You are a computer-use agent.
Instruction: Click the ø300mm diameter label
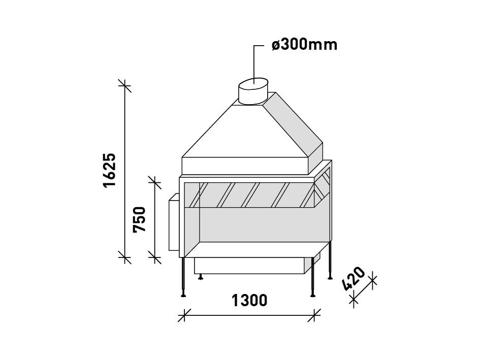pos(304,45)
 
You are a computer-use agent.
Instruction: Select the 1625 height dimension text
pos(110,170)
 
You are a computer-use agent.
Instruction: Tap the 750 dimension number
pos(139,219)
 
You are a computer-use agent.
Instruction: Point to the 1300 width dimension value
pos(249,301)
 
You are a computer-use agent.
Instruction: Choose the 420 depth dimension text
pos(354,279)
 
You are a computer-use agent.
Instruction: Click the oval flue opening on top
pos(253,83)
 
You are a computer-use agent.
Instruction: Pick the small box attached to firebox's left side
pos(173,224)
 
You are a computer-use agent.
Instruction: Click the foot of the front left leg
pos(183,294)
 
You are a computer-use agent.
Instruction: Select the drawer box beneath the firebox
pos(249,266)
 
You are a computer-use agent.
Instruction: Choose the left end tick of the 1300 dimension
pos(185,315)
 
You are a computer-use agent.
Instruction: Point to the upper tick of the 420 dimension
pos(372,279)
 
